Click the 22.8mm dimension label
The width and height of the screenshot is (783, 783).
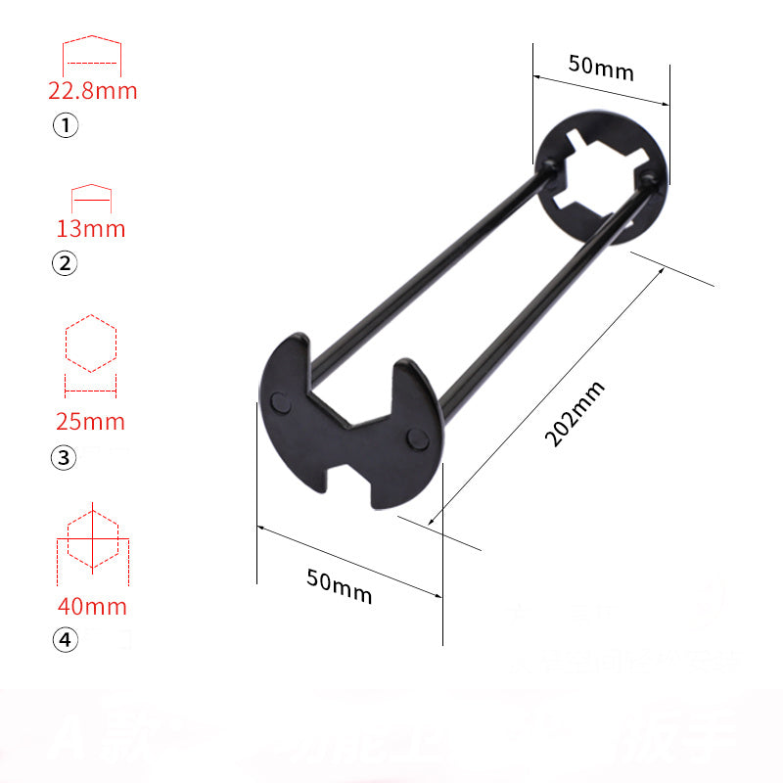point(93,92)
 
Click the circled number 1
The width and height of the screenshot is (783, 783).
point(65,125)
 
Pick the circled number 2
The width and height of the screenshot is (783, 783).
point(65,262)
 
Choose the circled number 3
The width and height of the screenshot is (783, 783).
point(65,457)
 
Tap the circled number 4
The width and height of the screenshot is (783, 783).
point(65,640)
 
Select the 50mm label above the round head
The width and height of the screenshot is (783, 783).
point(601,69)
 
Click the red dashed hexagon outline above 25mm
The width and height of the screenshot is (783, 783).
point(91,344)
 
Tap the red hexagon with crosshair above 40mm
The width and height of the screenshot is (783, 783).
point(93,538)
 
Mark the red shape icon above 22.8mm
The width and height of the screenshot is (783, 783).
point(92,54)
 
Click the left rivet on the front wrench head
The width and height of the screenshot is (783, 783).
point(280,401)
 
